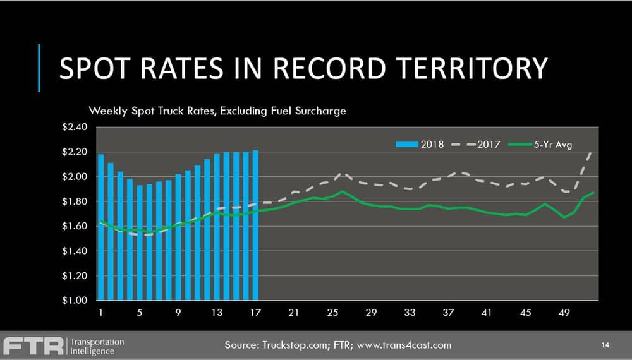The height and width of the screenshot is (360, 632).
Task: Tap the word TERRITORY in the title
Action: [471, 68]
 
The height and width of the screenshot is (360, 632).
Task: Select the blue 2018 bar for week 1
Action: [100, 227]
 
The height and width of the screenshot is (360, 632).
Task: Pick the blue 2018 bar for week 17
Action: [255, 225]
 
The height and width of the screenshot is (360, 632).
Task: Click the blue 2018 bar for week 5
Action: [140, 243]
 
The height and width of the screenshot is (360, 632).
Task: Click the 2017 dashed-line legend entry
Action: [476, 145]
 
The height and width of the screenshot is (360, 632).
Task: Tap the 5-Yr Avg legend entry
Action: [540, 145]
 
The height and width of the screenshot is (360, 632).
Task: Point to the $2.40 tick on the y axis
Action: [75, 127]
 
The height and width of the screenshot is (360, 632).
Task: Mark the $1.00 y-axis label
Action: [75, 301]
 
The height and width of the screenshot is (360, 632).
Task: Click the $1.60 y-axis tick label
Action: [75, 226]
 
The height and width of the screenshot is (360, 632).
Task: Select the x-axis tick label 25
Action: [332, 313]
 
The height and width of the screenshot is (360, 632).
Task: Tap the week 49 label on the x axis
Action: [564, 313]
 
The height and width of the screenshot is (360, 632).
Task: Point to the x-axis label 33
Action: [410, 313]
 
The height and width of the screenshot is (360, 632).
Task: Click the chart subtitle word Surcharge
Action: [320, 111]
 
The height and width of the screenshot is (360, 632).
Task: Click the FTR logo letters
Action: [33, 346]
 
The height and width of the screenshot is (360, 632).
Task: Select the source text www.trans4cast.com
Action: [404, 345]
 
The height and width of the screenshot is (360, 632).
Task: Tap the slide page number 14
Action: [605, 345]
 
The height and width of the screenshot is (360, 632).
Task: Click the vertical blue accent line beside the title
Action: [39, 68]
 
